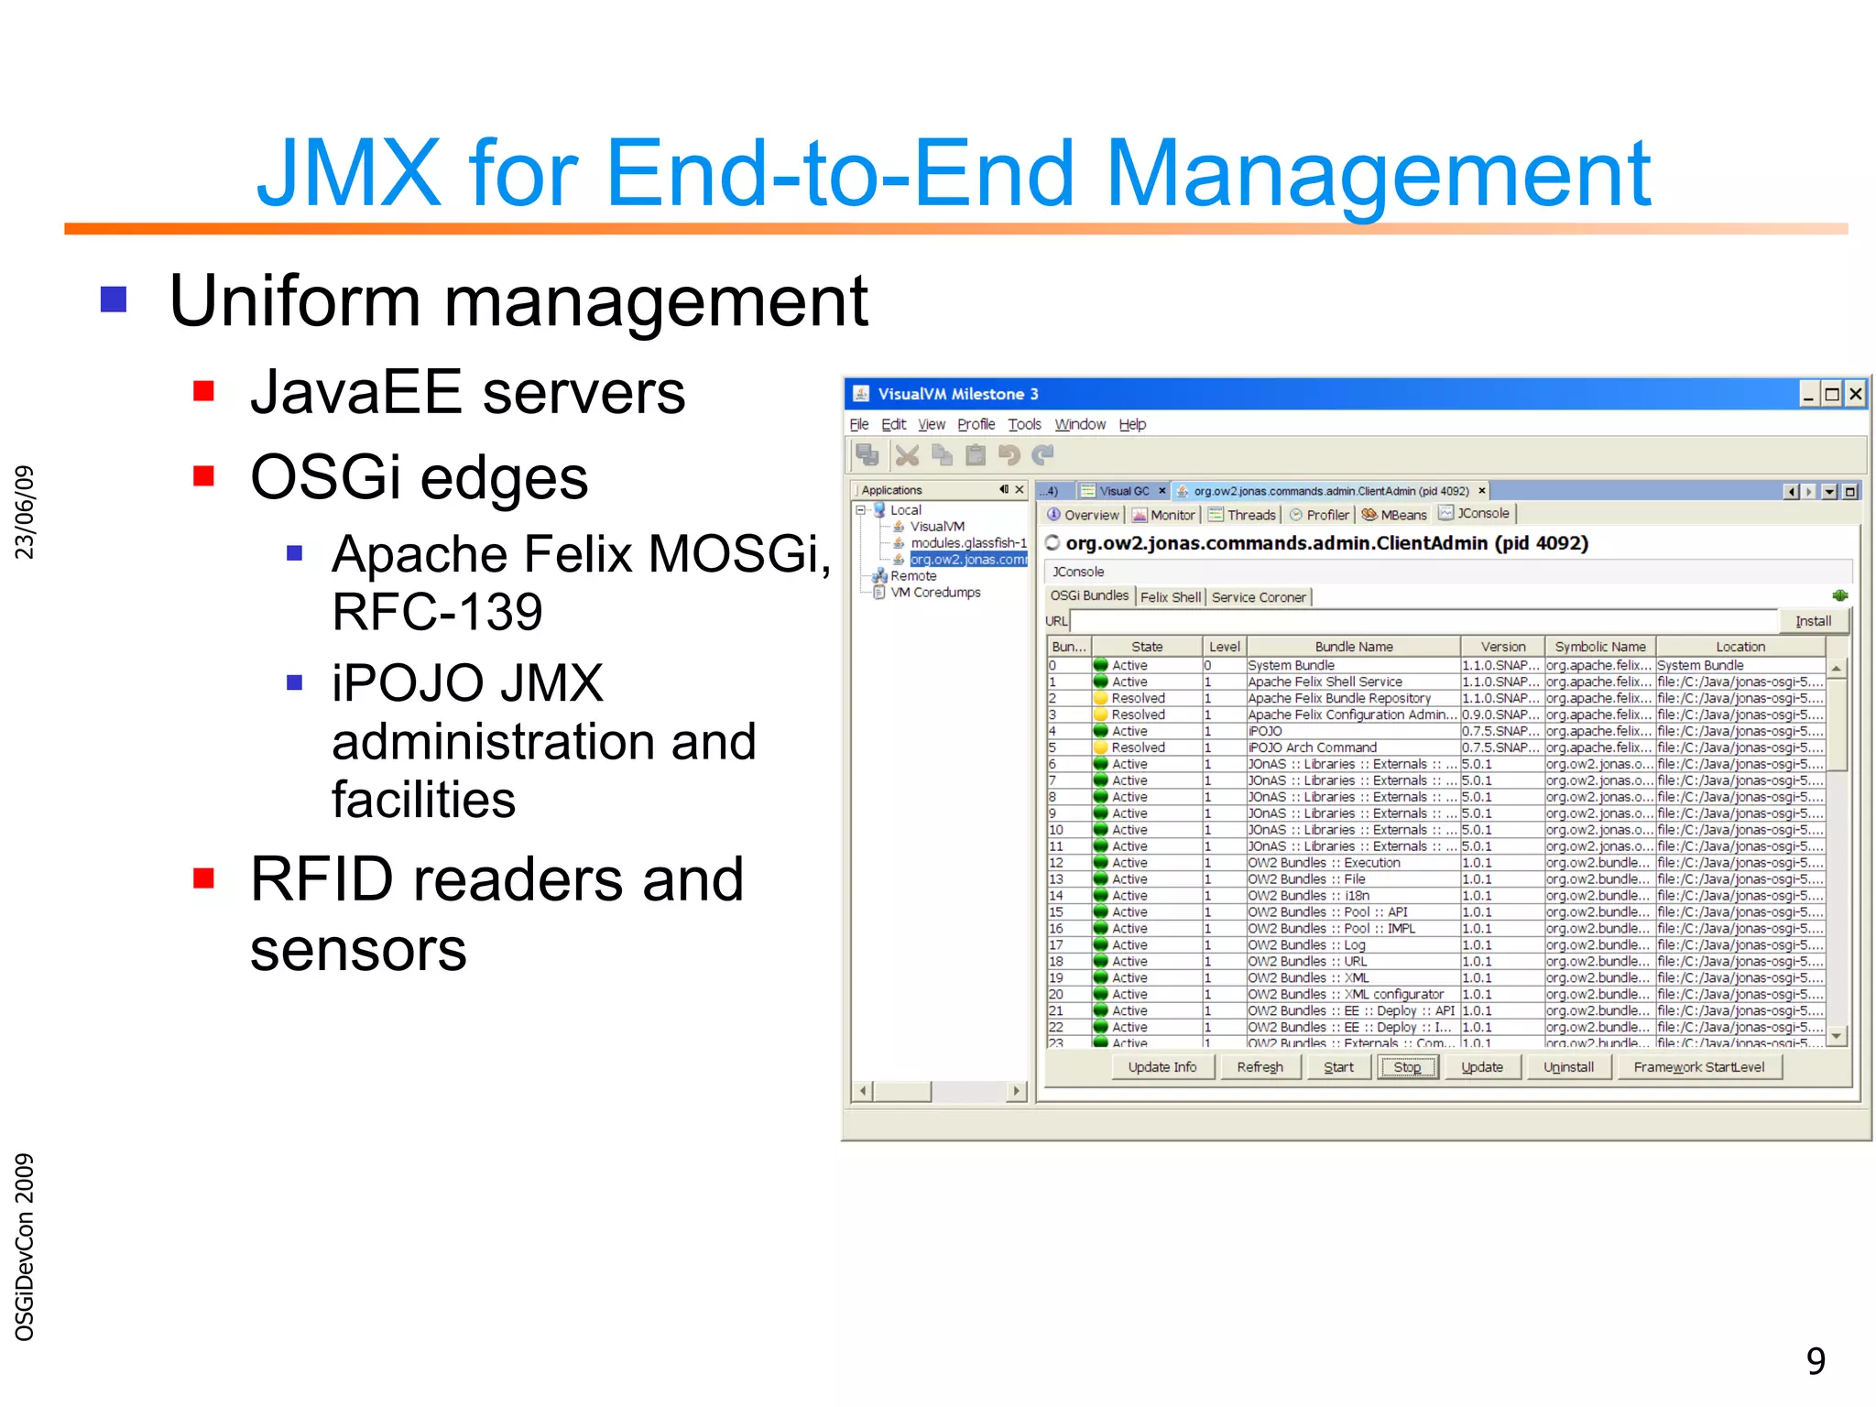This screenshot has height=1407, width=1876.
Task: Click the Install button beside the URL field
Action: [1813, 621]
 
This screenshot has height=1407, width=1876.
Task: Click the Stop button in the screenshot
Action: [1407, 1067]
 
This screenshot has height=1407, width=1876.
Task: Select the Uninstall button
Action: [1568, 1067]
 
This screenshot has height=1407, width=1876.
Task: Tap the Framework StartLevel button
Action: [1698, 1067]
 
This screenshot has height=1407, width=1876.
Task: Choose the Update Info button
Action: [1162, 1067]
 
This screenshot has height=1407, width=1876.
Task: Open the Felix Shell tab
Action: [1170, 597]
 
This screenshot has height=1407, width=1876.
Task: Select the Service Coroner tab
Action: [1259, 597]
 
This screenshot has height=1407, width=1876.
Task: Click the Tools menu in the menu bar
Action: [1024, 424]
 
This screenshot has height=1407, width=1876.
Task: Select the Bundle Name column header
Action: [1353, 647]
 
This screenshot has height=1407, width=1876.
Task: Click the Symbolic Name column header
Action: [1599, 647]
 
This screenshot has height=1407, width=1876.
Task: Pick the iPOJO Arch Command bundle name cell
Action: [1312, 747]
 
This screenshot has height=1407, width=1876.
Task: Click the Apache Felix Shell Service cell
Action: [1325, 682]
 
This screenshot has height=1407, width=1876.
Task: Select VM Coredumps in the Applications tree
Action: [935, 593]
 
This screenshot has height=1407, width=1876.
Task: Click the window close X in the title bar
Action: [1855, 394]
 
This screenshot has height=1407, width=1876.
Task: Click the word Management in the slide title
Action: [1378, 173]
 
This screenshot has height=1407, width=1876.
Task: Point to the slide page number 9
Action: [1816, 1360]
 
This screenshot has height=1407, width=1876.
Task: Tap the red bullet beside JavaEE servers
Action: [203, 392]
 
